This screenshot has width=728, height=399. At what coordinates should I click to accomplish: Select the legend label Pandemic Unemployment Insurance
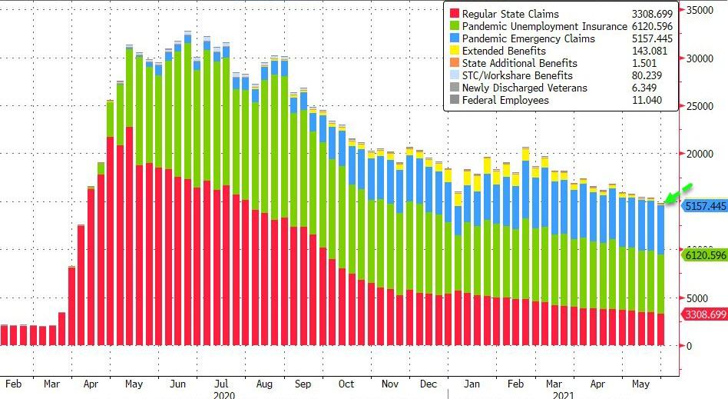point(544,26)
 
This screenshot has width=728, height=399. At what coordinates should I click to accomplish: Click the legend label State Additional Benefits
point(519,63)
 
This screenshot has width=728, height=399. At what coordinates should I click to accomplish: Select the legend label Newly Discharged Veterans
point(524,88)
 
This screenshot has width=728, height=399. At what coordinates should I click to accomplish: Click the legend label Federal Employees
point(505,100)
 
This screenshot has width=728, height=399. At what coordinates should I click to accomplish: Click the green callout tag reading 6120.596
point(704,254)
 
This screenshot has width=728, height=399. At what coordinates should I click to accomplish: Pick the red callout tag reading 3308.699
point(704,314)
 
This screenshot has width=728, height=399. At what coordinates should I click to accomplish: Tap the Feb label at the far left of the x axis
point(12,383)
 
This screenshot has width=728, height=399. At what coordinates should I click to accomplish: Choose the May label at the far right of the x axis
point(640,383)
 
